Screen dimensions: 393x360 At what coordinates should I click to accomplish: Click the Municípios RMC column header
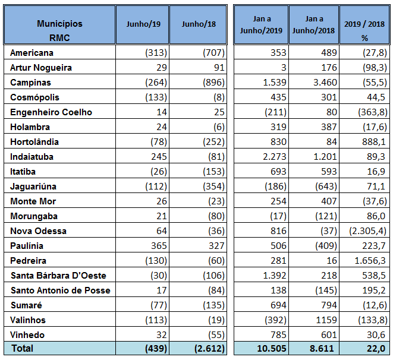pos(59,30)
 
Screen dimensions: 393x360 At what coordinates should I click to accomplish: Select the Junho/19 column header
pos(143,24)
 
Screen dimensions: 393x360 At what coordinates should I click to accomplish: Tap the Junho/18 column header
pos(199,24)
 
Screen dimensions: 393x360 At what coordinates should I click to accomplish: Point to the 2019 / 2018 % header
pos(364,31)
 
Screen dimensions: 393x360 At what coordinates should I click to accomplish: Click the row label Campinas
pos(30,83)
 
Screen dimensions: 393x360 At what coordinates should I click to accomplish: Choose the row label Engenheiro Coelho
pos(51,112)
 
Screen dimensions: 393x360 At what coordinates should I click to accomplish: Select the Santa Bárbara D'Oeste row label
pos(58,276)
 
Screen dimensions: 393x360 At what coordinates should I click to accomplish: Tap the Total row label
pos(23,348)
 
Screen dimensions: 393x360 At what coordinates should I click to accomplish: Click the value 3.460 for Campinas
pos(325,83)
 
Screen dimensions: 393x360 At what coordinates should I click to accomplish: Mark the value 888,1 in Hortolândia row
pos(373,142)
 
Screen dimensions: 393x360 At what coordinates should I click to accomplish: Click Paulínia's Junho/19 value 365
pos(159,246)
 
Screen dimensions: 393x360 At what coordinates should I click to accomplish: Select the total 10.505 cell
pos(272,349)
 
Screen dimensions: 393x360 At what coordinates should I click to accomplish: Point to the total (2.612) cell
pos(209,349)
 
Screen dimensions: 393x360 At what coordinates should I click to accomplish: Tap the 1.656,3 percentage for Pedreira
pos(370,261)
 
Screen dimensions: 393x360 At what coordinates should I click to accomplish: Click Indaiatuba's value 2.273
pos(275,157)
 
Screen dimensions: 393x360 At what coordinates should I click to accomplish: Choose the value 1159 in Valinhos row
pos(326,320)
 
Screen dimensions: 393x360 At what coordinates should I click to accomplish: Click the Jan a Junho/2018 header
pos(313,24)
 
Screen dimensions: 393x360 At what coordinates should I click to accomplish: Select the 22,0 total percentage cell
pos(376,349)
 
